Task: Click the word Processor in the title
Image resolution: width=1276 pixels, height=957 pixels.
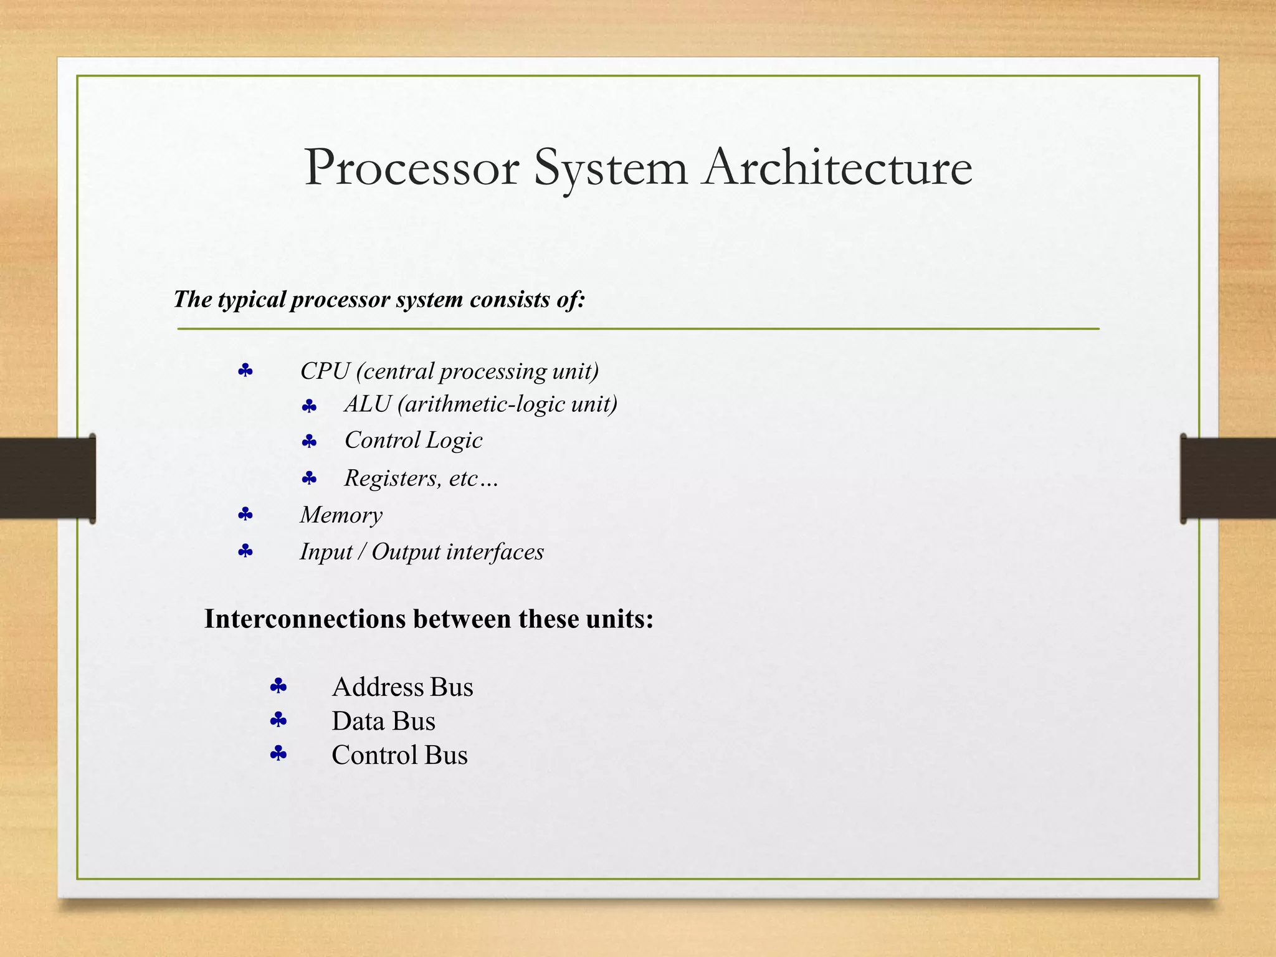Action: click(411, 168)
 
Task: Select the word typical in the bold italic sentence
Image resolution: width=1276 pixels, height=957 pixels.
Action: click(252, 300)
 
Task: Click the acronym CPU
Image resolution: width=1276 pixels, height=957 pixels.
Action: click(325, 371)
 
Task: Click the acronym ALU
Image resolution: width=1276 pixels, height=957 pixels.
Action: click(368, 404)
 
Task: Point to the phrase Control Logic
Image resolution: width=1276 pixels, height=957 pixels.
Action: click(413, 440)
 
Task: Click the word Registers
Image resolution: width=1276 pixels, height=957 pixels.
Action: click(391, 478)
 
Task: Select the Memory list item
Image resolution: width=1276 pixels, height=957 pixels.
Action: click(341, 515)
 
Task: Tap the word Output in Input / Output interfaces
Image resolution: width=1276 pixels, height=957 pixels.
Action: click(406, 552)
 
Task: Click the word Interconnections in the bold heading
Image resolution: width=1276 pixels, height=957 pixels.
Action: click(305, 619)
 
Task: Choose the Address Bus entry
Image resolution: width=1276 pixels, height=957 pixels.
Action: click(402, 687)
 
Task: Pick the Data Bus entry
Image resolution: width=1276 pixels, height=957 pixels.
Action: click(383, 721)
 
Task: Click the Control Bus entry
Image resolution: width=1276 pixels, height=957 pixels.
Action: click(399, 755)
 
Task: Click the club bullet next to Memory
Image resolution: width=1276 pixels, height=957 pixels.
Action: click(245, 515)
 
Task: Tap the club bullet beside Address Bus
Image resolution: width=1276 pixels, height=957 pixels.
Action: click(278, 687)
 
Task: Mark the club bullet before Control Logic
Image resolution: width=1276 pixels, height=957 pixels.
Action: click(309, 442)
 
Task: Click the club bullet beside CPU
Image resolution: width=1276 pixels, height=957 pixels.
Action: click(245, 371)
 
